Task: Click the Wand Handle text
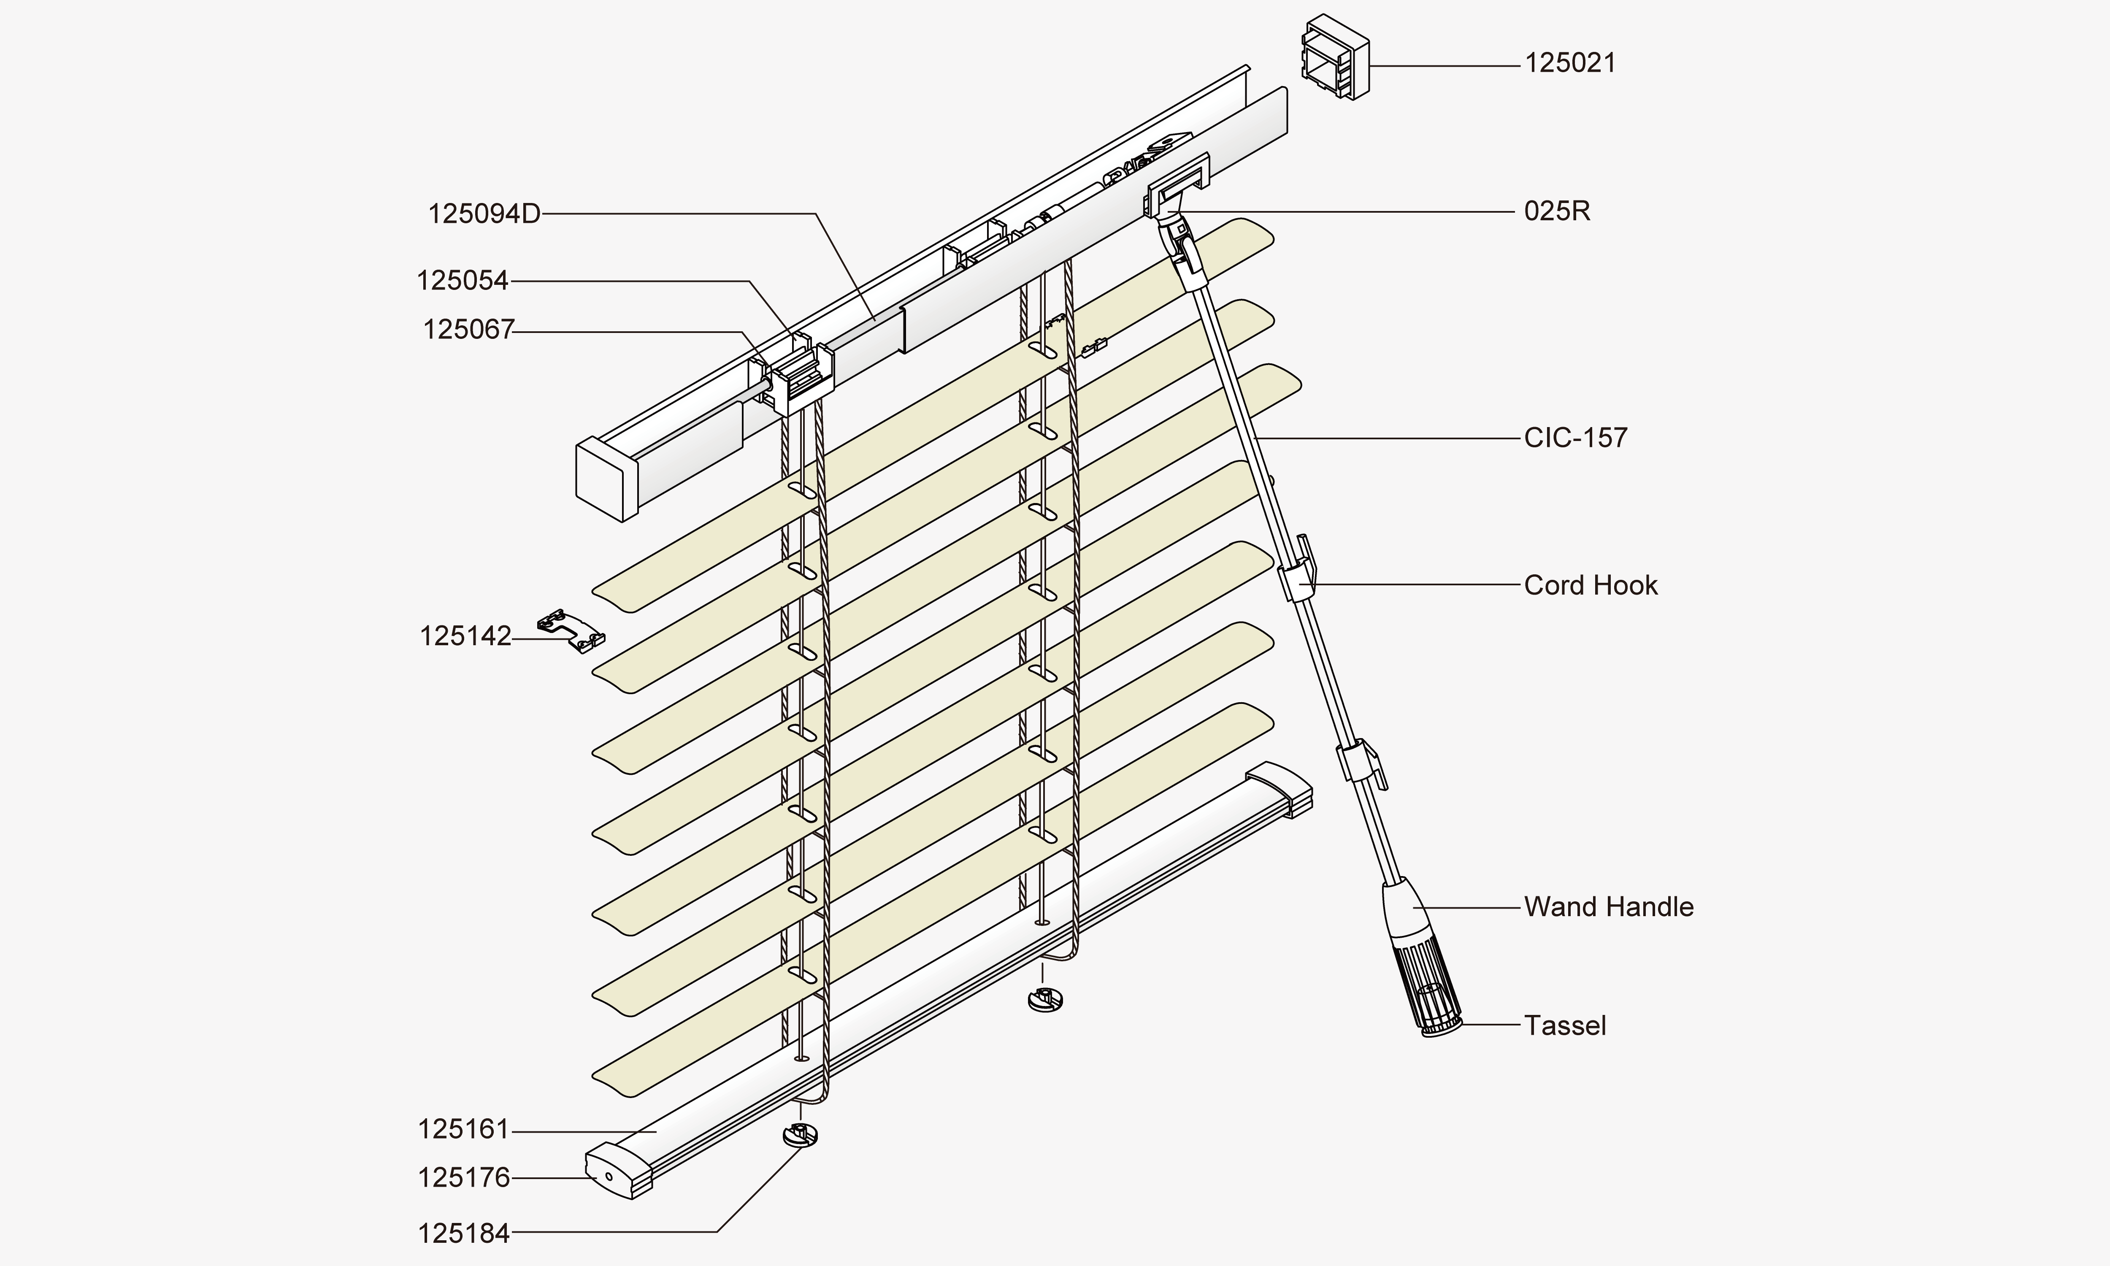1608,907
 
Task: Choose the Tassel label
1564,1025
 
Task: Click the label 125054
462,281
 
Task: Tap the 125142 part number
465,636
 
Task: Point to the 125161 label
463,1130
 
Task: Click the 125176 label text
463,1178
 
